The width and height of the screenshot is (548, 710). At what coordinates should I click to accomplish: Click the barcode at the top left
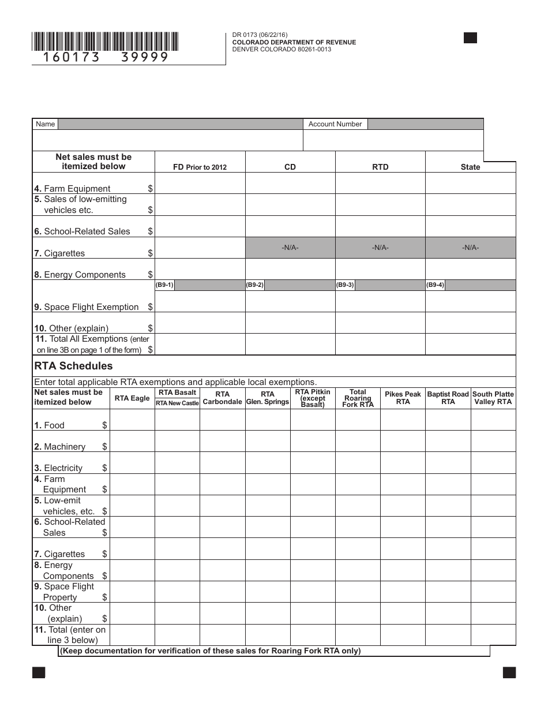[105, 42]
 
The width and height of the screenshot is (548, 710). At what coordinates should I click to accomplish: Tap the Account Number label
[335, 124]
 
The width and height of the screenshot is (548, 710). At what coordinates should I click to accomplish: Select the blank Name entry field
[168, 140]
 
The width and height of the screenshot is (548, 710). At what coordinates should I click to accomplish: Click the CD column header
[290, 167]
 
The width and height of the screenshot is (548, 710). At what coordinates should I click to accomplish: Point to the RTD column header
[380, 167]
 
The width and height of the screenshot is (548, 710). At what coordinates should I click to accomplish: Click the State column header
[470, 167]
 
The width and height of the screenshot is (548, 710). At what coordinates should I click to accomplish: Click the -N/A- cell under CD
[290, 248]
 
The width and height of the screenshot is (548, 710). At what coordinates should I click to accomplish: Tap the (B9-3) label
[345, 285]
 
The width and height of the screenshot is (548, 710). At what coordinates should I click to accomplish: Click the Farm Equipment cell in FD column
[200, 184]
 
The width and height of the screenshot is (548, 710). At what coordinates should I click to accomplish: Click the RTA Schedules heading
[73, 366]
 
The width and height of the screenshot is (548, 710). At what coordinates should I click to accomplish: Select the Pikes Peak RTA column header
[403, 398]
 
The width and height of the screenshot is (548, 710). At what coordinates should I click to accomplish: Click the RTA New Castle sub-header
[177, 403]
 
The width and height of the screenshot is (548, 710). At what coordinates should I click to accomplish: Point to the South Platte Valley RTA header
[493, 398]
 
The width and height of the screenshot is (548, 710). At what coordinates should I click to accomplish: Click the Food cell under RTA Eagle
[132, 420]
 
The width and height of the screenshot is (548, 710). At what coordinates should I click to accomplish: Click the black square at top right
[470, 38]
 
